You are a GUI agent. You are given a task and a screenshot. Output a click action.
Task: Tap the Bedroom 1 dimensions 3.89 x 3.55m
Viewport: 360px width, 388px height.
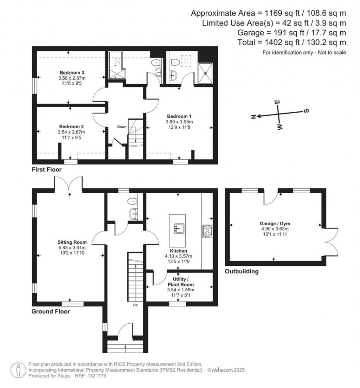180,122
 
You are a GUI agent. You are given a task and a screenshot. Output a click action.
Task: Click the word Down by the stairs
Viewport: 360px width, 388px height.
122,127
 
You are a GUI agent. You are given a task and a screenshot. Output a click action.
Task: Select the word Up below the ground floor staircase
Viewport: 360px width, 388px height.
135,305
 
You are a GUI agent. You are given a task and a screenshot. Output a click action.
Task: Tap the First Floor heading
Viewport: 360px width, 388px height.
46,170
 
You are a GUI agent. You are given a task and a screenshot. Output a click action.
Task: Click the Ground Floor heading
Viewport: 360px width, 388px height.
51,311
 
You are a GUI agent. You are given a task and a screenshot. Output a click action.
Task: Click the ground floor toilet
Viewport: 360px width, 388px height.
133,201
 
